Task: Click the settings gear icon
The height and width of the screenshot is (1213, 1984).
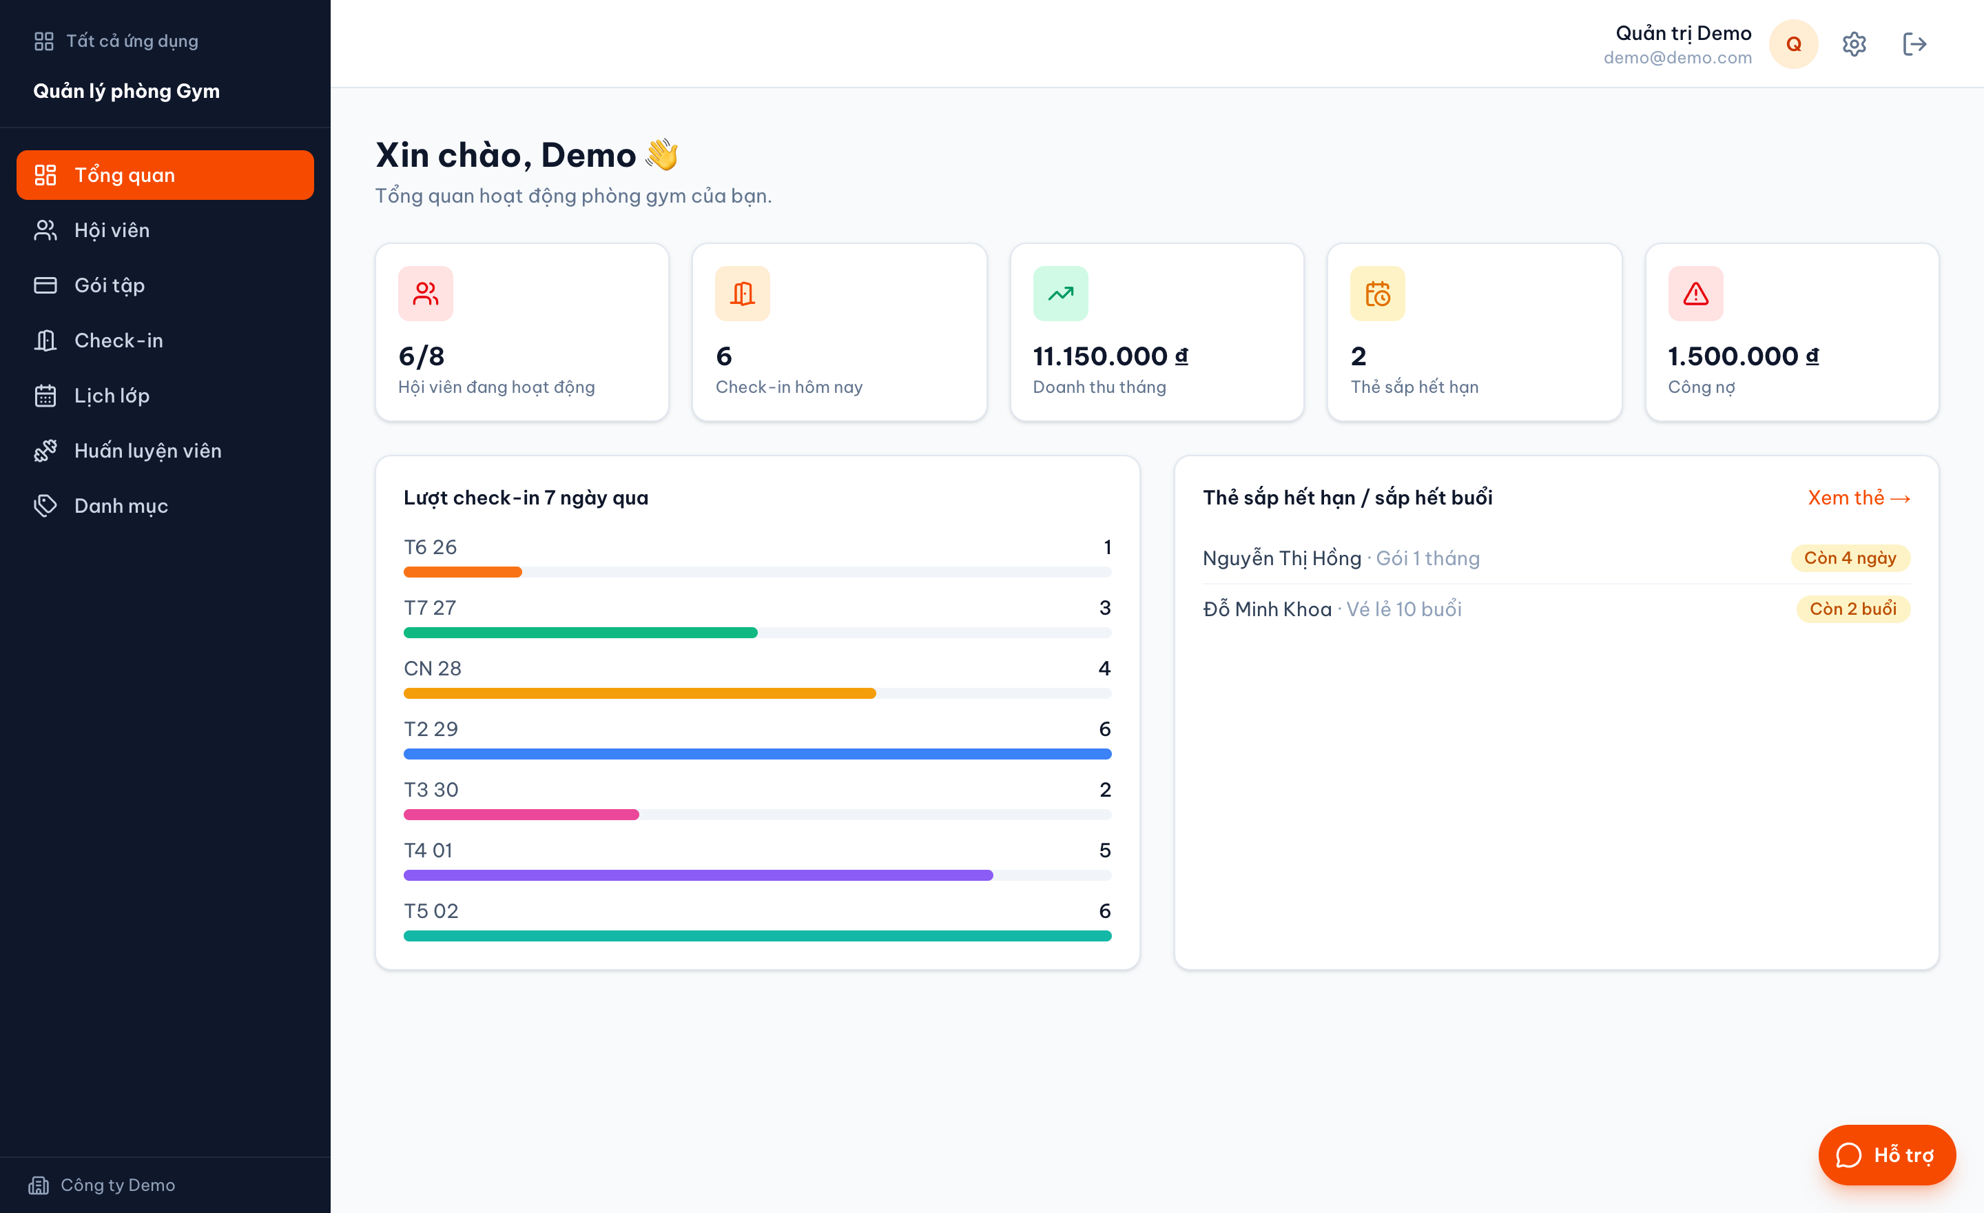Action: coord(1854,44)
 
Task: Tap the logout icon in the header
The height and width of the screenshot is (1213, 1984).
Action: coord(1914,44)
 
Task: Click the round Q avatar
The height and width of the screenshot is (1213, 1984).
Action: coord(1794,44)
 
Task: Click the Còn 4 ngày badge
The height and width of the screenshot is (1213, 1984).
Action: coord(1850,558)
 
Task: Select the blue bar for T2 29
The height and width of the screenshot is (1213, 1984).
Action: coord(758,754)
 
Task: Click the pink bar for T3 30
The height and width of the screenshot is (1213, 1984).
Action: coord(521,815)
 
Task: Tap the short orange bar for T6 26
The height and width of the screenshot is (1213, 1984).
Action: coord(463,572)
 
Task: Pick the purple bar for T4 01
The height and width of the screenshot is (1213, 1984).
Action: coord(698,875)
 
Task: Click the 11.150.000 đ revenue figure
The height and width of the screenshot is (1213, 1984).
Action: coord(1110,356)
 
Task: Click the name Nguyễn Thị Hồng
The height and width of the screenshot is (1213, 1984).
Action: coord(1282,558)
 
